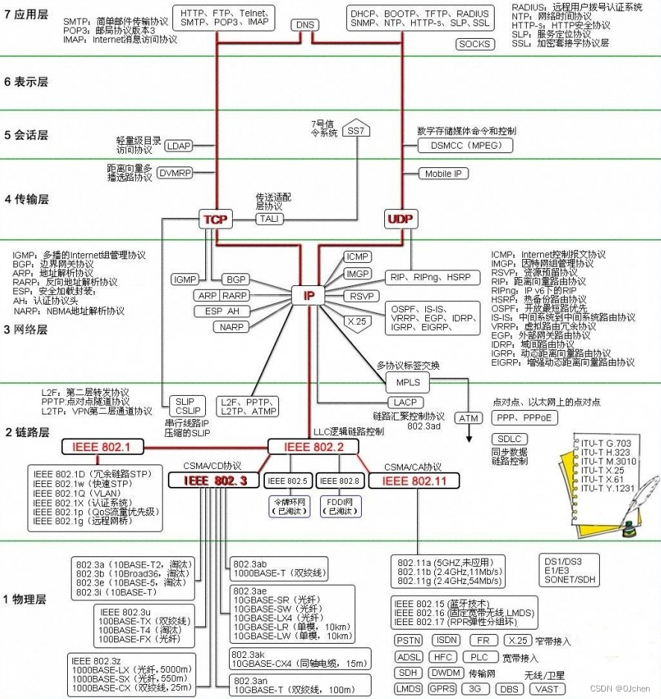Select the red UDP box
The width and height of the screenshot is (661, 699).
click(401, 219)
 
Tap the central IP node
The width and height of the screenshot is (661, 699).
click(309, 296)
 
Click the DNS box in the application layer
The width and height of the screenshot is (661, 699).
click(305, 25)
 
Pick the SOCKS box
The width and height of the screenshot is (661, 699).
click(474, 44)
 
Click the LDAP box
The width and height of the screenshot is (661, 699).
click(178, 146)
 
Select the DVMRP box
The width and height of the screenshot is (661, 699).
click(175, 173)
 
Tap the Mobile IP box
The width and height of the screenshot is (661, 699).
click(444, 173)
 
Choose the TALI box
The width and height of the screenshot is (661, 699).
click(268, 218)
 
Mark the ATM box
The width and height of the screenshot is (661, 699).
click(468, 418)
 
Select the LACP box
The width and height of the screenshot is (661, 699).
click(410, 403)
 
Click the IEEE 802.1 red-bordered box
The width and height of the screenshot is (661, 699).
click(101, 447)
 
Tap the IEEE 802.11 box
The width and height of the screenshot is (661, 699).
click(414, 481)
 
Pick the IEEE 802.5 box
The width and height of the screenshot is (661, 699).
click(287, 481)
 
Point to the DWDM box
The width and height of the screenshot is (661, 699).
click(446, 673)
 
